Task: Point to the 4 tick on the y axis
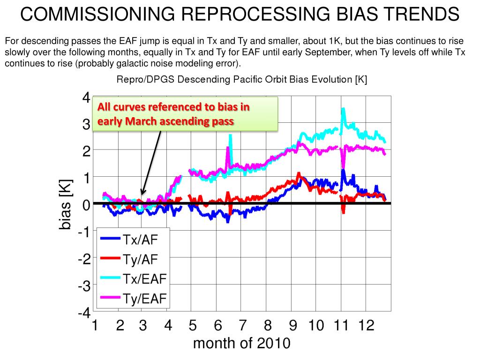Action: pyautogui.click(x=86, y=98)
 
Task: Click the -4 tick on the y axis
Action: pyautogui.click(x=84, y=313)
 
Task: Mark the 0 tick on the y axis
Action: pyautogui.click(x=86, y=205)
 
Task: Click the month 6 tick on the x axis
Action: pyautogui.click(x=217, y=325)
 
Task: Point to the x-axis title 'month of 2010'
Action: pyautogui.click(x=241, y=344)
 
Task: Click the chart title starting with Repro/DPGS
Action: pyautogui.click(x=241, y=80)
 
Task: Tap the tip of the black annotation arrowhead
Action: pyautogui.click(x=142, y=194)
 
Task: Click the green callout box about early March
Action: pyautogui.click(x=185, y=114)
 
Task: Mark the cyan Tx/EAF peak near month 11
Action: pyautogui.click(x=344, y=109)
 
